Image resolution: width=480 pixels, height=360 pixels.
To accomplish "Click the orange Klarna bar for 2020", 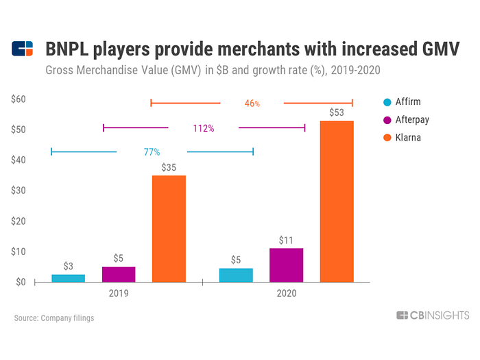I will (337, 201).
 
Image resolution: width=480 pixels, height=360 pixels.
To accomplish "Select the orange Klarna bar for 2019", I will (169, 228).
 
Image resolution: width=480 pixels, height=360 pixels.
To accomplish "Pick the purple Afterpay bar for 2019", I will (119, 274).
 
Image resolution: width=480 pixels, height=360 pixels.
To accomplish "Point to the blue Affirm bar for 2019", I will (69, 278).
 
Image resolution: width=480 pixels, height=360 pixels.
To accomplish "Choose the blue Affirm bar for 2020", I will (236, 274).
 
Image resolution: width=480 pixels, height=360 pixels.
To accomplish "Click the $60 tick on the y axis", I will (19, 99).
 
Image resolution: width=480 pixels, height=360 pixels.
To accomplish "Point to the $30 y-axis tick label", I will (19, 191).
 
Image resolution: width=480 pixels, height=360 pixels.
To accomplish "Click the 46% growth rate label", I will (252, 104).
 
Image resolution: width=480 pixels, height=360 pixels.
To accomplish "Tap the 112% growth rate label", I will (203, 128).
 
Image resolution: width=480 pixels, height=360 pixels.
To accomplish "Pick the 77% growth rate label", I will (152, 152).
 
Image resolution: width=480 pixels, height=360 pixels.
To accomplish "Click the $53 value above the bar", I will (337, 112).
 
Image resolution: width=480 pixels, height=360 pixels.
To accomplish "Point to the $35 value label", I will (169, 167).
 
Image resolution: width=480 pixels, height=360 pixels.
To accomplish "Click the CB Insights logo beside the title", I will (23, 49).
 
